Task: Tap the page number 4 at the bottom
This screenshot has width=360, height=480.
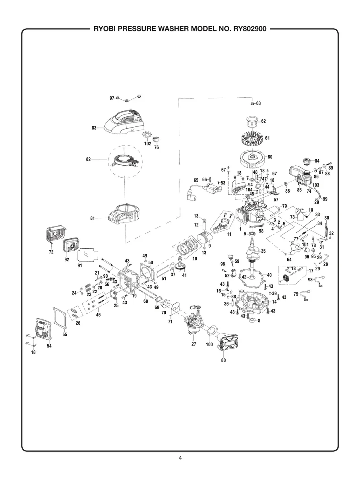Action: (180, 458)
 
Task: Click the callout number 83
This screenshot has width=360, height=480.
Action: (94, 128)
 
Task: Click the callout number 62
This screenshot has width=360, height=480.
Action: (263, 121)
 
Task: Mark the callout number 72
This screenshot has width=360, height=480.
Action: (51, 252)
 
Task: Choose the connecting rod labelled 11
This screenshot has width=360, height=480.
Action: (223, 223)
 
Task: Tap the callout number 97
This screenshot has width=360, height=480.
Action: (112, 98)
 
